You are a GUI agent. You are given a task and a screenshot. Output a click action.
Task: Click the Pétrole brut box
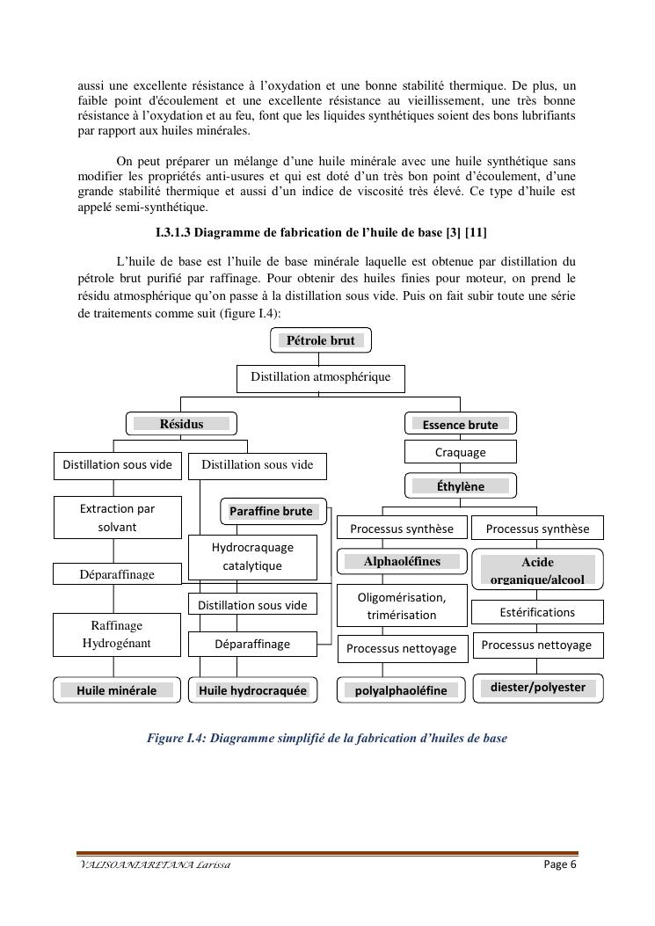320,340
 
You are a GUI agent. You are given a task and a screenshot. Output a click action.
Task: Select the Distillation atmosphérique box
320,378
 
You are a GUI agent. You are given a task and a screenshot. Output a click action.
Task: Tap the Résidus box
181,424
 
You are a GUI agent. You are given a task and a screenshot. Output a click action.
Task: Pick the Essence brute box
460,424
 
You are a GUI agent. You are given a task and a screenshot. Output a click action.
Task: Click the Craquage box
460,452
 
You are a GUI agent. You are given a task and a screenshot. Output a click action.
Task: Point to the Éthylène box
460,485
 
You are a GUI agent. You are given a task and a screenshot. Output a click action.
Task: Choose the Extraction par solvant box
117,518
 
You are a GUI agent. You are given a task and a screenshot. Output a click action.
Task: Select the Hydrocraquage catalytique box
252,557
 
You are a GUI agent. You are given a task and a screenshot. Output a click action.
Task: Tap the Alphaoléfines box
402,561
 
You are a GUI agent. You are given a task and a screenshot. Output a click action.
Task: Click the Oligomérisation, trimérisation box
402,606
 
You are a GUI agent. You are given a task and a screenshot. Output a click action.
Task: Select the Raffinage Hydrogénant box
117,635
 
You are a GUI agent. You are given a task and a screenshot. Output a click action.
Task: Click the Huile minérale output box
117,690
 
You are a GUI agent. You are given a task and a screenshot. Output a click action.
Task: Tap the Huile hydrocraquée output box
252,690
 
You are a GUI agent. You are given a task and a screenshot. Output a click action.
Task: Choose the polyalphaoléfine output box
401,690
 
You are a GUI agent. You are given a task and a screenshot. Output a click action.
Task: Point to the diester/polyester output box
537,688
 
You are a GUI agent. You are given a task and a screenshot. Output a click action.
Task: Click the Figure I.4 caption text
326,739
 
